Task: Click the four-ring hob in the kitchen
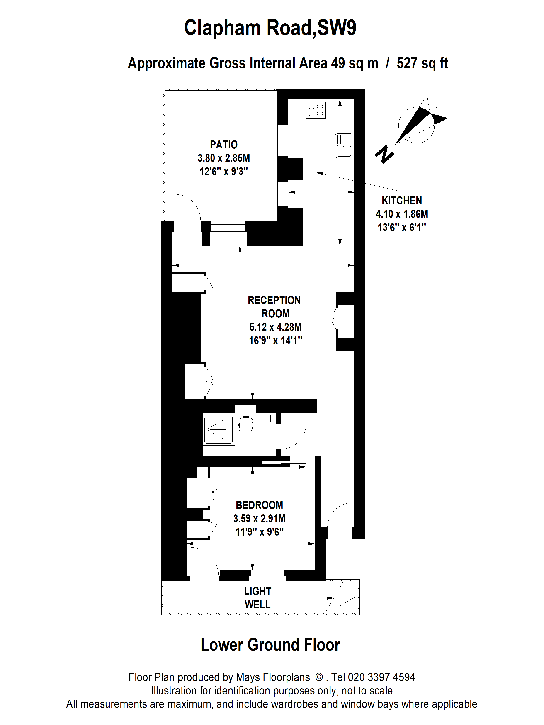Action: [316, 110]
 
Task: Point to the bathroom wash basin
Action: [266, 418]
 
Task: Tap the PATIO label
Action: [224, 145]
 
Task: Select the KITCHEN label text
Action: [402, 201]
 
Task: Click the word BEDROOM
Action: [259, 505]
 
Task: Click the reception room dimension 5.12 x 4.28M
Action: [275, 327]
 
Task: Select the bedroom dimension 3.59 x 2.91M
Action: [259, 519]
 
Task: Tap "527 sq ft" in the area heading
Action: [422, 63]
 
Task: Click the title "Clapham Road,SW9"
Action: [270, 28]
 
